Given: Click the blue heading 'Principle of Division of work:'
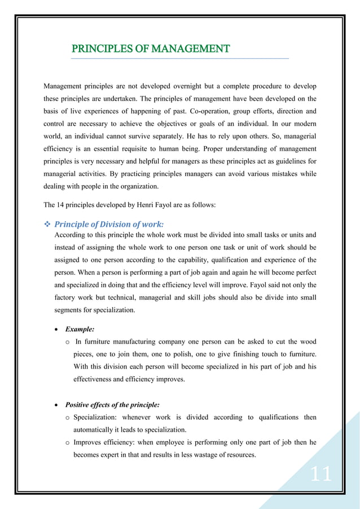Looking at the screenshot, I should click(x=109, y=224).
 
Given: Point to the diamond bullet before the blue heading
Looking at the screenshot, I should click(x=47, y=224).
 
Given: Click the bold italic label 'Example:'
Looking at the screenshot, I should click(x=80, y=328).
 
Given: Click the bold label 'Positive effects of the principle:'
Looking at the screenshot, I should click(x=112, y=405).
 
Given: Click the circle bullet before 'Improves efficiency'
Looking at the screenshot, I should click(x=68, y=442).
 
